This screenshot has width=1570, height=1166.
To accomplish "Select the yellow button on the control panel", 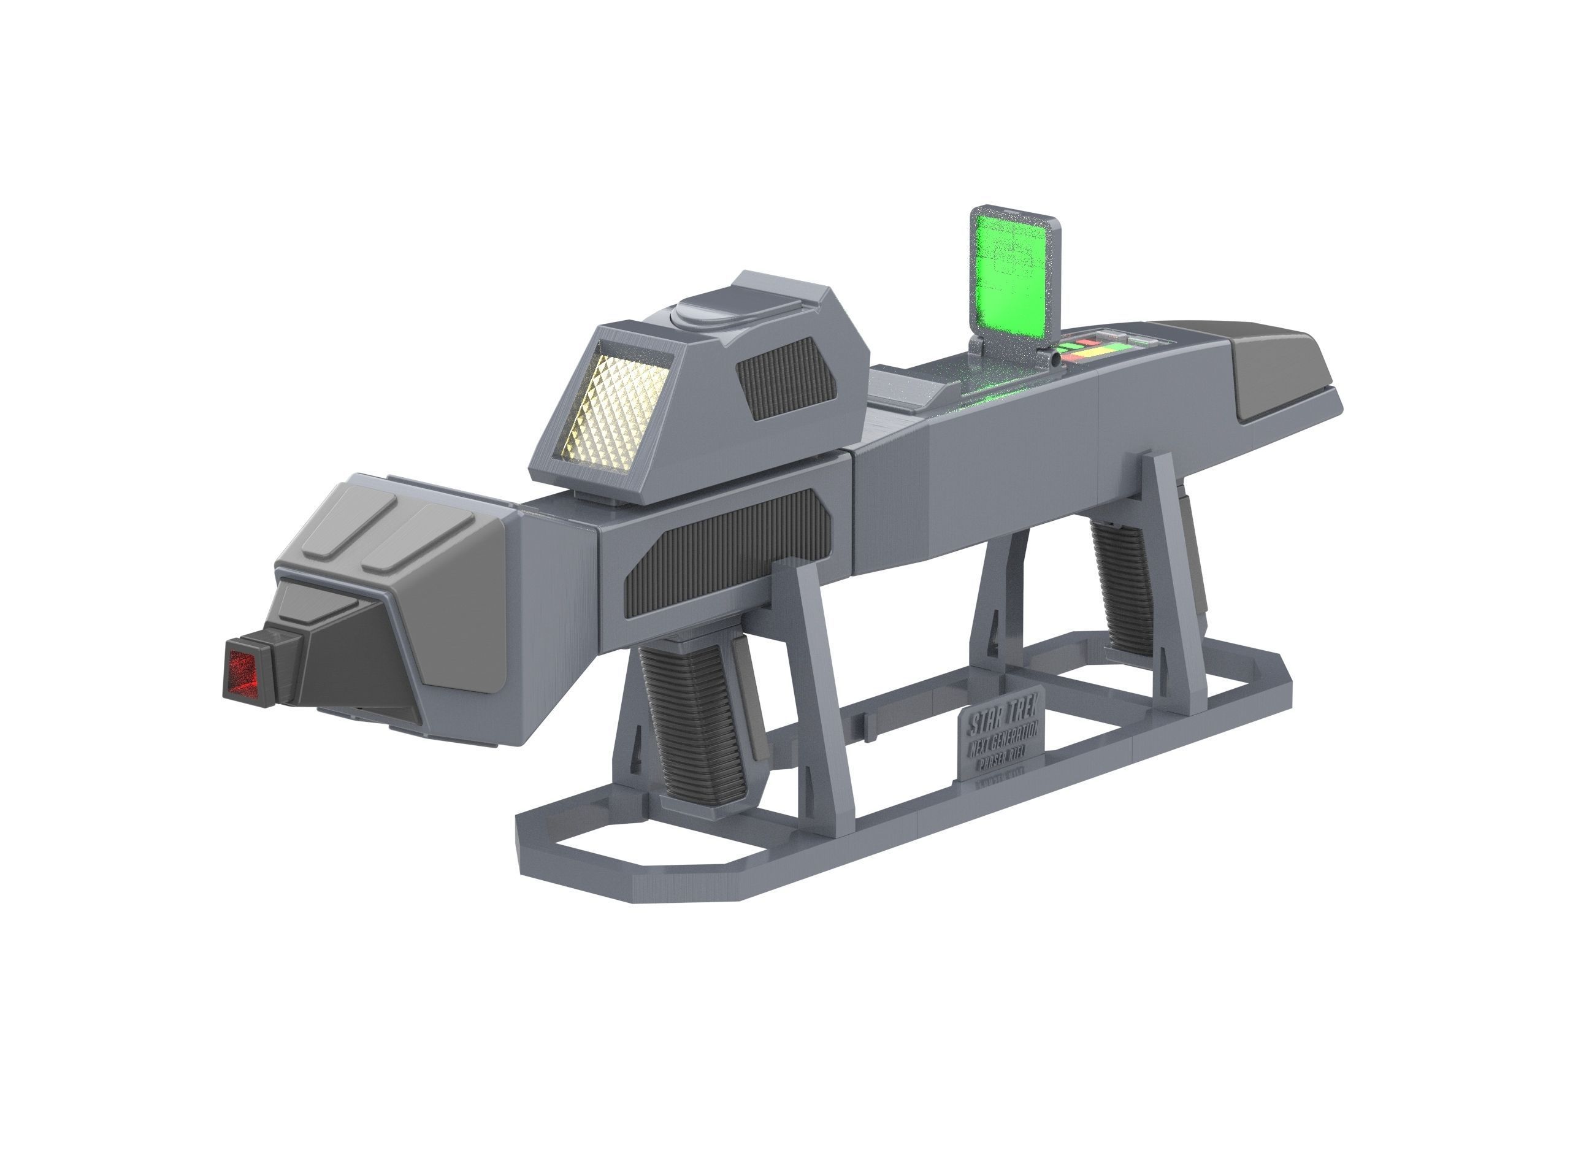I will click(1100, 350).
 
